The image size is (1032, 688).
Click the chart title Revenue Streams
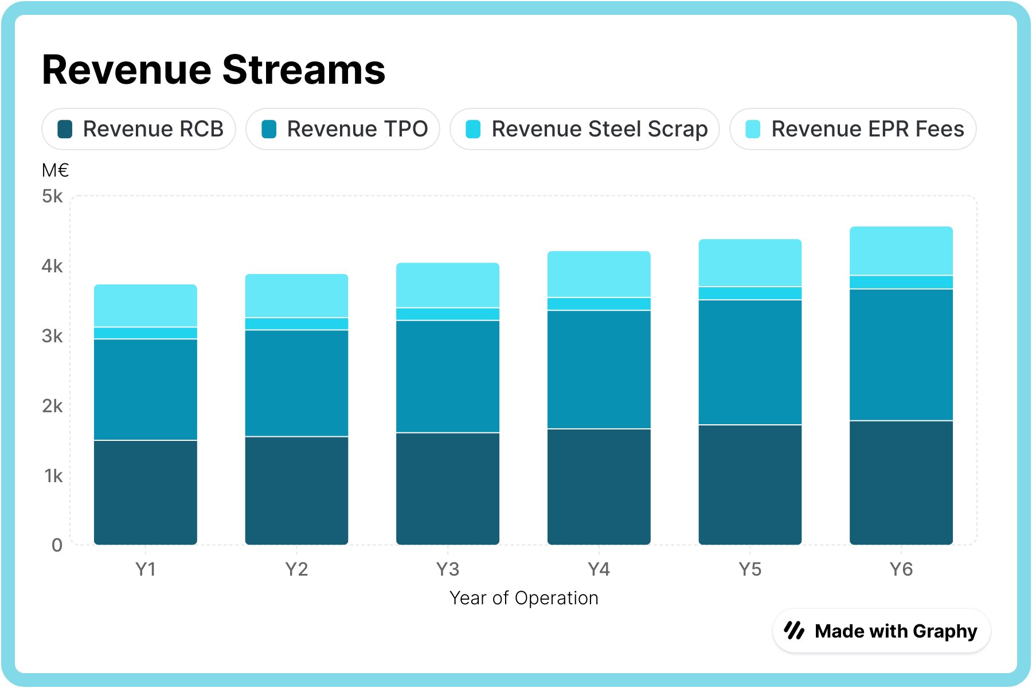pos(213,70)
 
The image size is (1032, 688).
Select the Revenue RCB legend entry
pos(139,129)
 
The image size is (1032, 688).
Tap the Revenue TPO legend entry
pos(343,129)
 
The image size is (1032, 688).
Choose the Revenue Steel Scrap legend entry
pos(585,129)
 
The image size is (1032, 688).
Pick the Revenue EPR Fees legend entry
pos(854,129)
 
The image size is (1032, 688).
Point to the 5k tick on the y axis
pos(52,197)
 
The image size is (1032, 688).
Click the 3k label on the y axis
pos(52,336)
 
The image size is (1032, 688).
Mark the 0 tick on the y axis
pos(57,545)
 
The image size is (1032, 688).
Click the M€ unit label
pos(56,170)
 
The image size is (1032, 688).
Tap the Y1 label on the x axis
pos(146,569)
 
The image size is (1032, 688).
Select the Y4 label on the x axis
pos(599,569)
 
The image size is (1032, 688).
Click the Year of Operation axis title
pos(523,598)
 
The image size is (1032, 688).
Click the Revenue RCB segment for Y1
pos(146,492)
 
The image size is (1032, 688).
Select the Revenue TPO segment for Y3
pos(448,376)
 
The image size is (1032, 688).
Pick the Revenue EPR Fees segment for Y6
pos(901,251)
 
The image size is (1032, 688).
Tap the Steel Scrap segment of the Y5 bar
pos(750,293)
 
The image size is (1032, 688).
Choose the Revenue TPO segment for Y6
pos(901,355)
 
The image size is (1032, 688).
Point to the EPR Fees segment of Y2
pos(296,296)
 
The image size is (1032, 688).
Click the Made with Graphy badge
pos(882,631)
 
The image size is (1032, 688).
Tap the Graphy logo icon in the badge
pos(795,631)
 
